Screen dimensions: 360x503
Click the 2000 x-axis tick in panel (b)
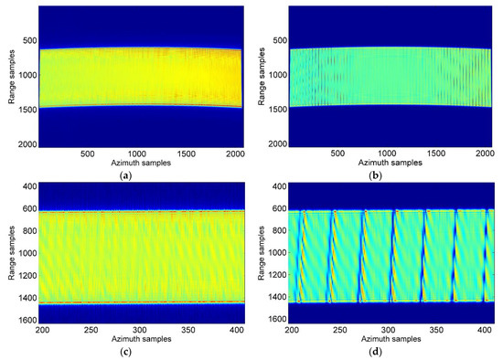(489, 153)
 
